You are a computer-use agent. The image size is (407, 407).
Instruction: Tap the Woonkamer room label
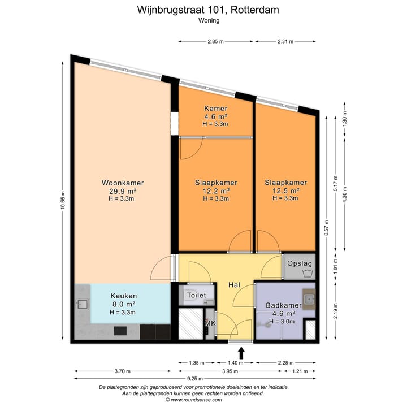tap(123, 183)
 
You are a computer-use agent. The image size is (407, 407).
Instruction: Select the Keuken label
tap(123, 296)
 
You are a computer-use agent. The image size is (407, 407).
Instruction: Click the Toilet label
tap(196, 295)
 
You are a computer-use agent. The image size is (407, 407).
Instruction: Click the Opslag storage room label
tap(300, 263)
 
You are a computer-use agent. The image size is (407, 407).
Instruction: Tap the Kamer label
tap(215, 109)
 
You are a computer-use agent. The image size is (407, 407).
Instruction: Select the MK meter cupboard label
tap(210, 323)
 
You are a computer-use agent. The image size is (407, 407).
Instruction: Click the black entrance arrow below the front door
tap(241, 353)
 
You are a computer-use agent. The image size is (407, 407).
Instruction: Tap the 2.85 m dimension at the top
tap(215, 41)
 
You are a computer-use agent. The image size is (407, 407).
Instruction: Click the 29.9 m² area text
tap(123, 191)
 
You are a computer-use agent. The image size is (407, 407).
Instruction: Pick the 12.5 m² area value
tap(285, 190)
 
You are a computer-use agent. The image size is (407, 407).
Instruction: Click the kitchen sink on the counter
tap(81, 305)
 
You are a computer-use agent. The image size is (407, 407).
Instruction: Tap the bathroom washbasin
tap(309, 299)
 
